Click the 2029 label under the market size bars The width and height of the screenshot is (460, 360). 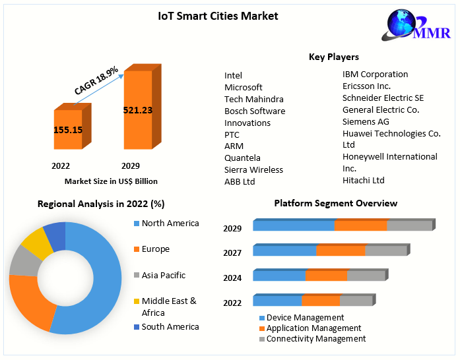pyautogui.click(x=131, y=165)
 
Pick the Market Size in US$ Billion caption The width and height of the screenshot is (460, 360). pyautogui.click(x=111, y=181)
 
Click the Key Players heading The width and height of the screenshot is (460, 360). pyautogui.click(x=333, y=57)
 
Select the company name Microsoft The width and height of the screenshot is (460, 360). pyautogui.click(x=244, y=87)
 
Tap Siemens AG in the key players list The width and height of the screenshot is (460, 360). pyautogui.click(x=366, y=121)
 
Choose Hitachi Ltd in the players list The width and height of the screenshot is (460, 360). pyautogui.click(x=364, y=180)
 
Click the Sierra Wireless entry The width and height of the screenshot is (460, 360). pyautogui.click(x=253, y=169)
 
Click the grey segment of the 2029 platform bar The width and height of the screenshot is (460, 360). pyautogui.click(x=409, y=225)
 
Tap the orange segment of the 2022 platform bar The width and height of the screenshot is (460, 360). pyautogui.click(x=321, y=301)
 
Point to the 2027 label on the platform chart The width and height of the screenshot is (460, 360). pyautogui.click(x=232, y=253)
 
